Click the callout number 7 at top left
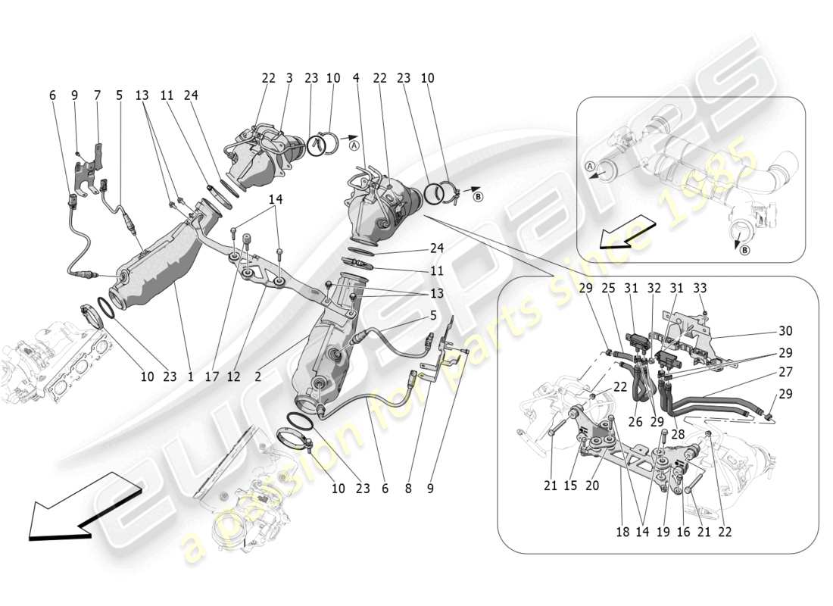pyautogui.click(x=97, y=95)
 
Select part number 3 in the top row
pyautogui.click(x=289, y=78)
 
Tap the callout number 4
pyautogui.click(x=355, y=78)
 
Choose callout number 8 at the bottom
pyautogui.click(x=409, y=489)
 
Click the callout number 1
pyautogui.click(x=189, y=375)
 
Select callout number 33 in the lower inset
pyautogui.click(x=700, y=288)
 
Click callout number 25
pyautogui.click(x=609, y=288)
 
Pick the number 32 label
pyautogui.click(x=654, y=288)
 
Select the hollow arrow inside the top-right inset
pyautogui.click(x=623, y=231)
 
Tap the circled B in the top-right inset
pyautogui.click(x=744, y=251)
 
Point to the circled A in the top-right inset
pyautogui.click(x=590, y=167)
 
